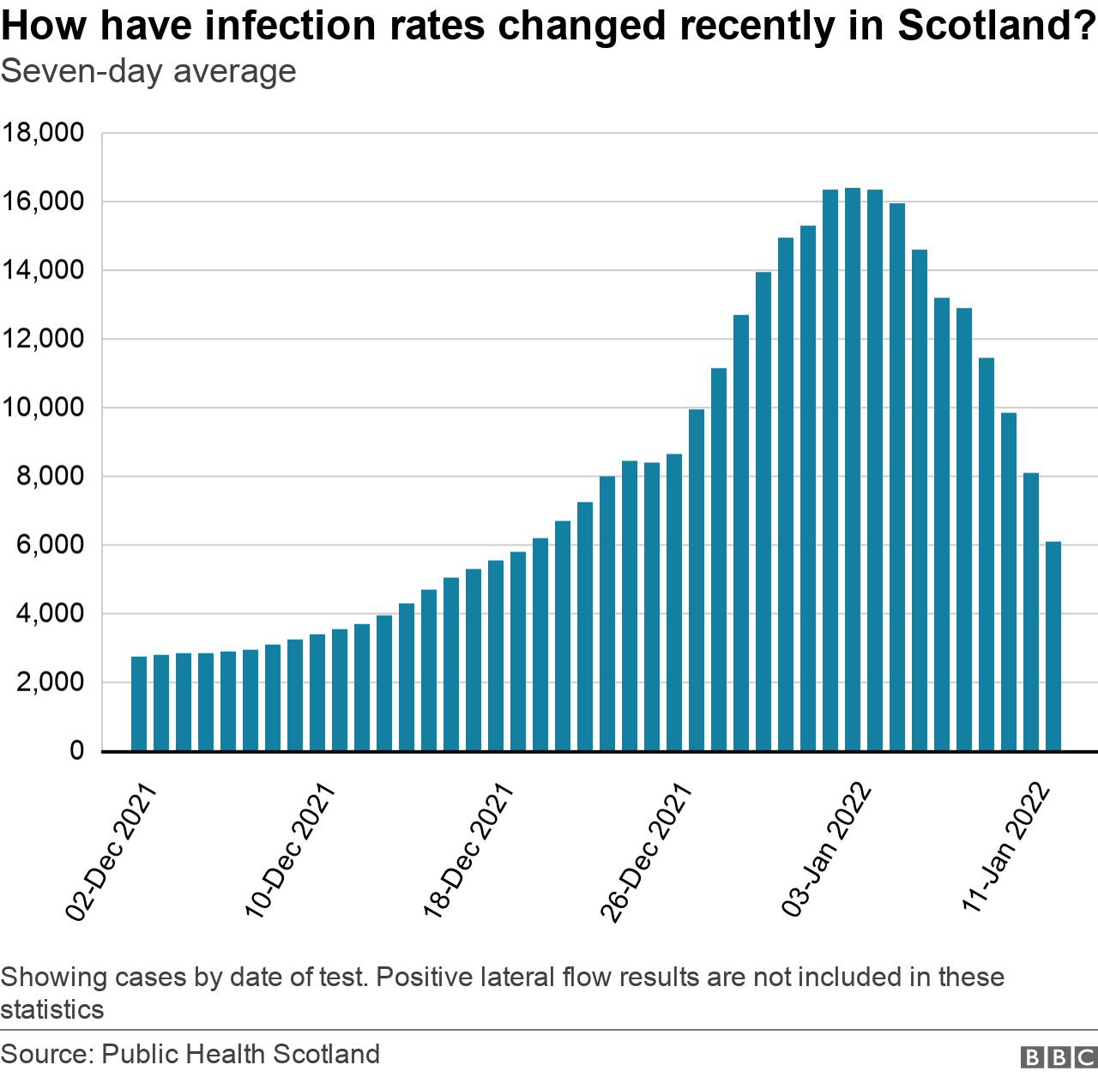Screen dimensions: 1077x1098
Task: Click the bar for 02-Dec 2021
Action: coord(139,703)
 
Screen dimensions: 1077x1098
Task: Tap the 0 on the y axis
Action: coord(76,751)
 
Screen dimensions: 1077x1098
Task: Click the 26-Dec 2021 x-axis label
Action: coord(646,854)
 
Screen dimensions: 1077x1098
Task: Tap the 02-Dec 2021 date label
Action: coord(112,854)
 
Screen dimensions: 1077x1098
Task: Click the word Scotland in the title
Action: coord(995,26)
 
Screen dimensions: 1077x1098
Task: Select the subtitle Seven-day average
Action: coord(148,71)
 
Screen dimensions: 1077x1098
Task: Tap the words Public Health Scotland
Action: coord(240,1054)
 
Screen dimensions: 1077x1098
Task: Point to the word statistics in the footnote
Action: coord(52,1009)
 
